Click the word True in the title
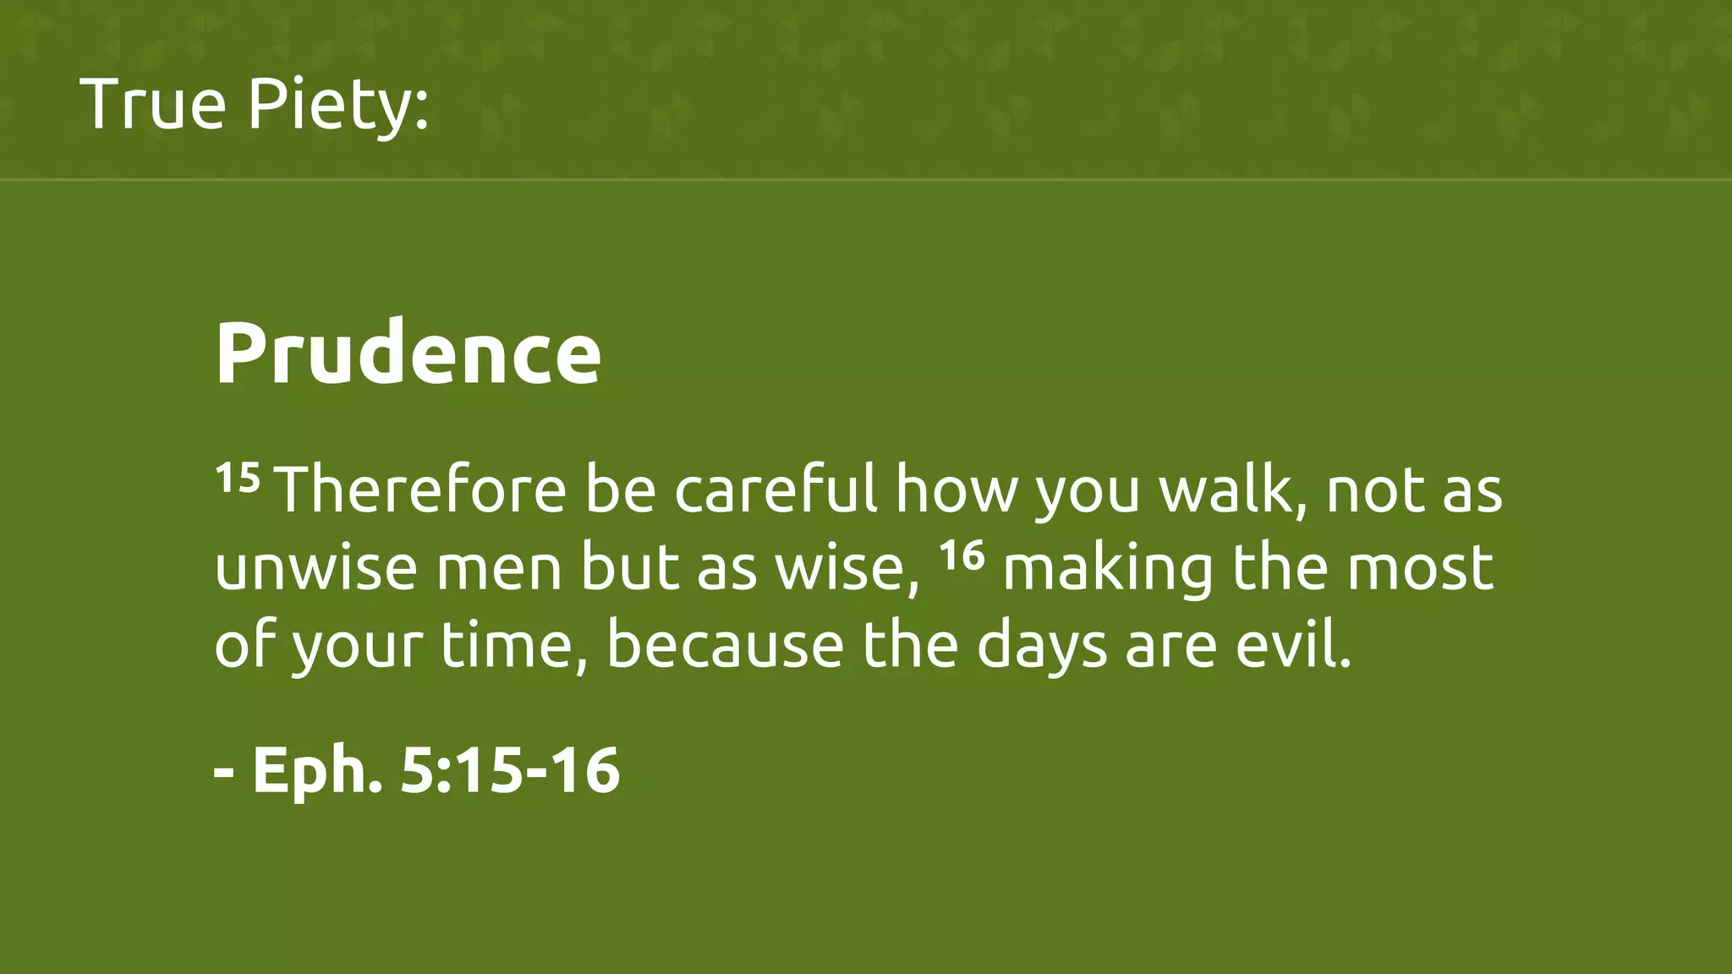(153, 104)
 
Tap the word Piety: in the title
(338, 106)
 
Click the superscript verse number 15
(237, 479)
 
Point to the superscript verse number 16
(962, 556)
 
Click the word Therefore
(421, 490)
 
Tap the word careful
(776, 490)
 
